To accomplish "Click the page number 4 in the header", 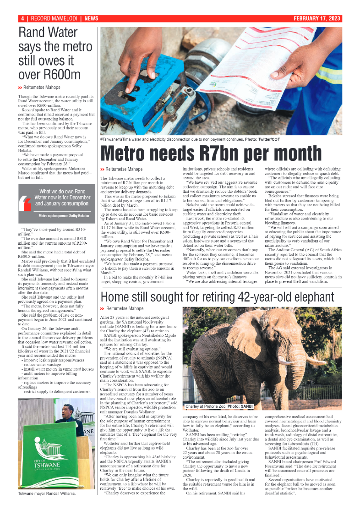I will point(22,18).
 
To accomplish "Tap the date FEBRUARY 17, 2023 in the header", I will point(318,18).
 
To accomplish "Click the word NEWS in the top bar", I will point(91,18).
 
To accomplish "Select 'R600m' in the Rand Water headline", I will point(52,74).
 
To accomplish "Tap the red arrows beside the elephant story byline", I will point(103,309).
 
